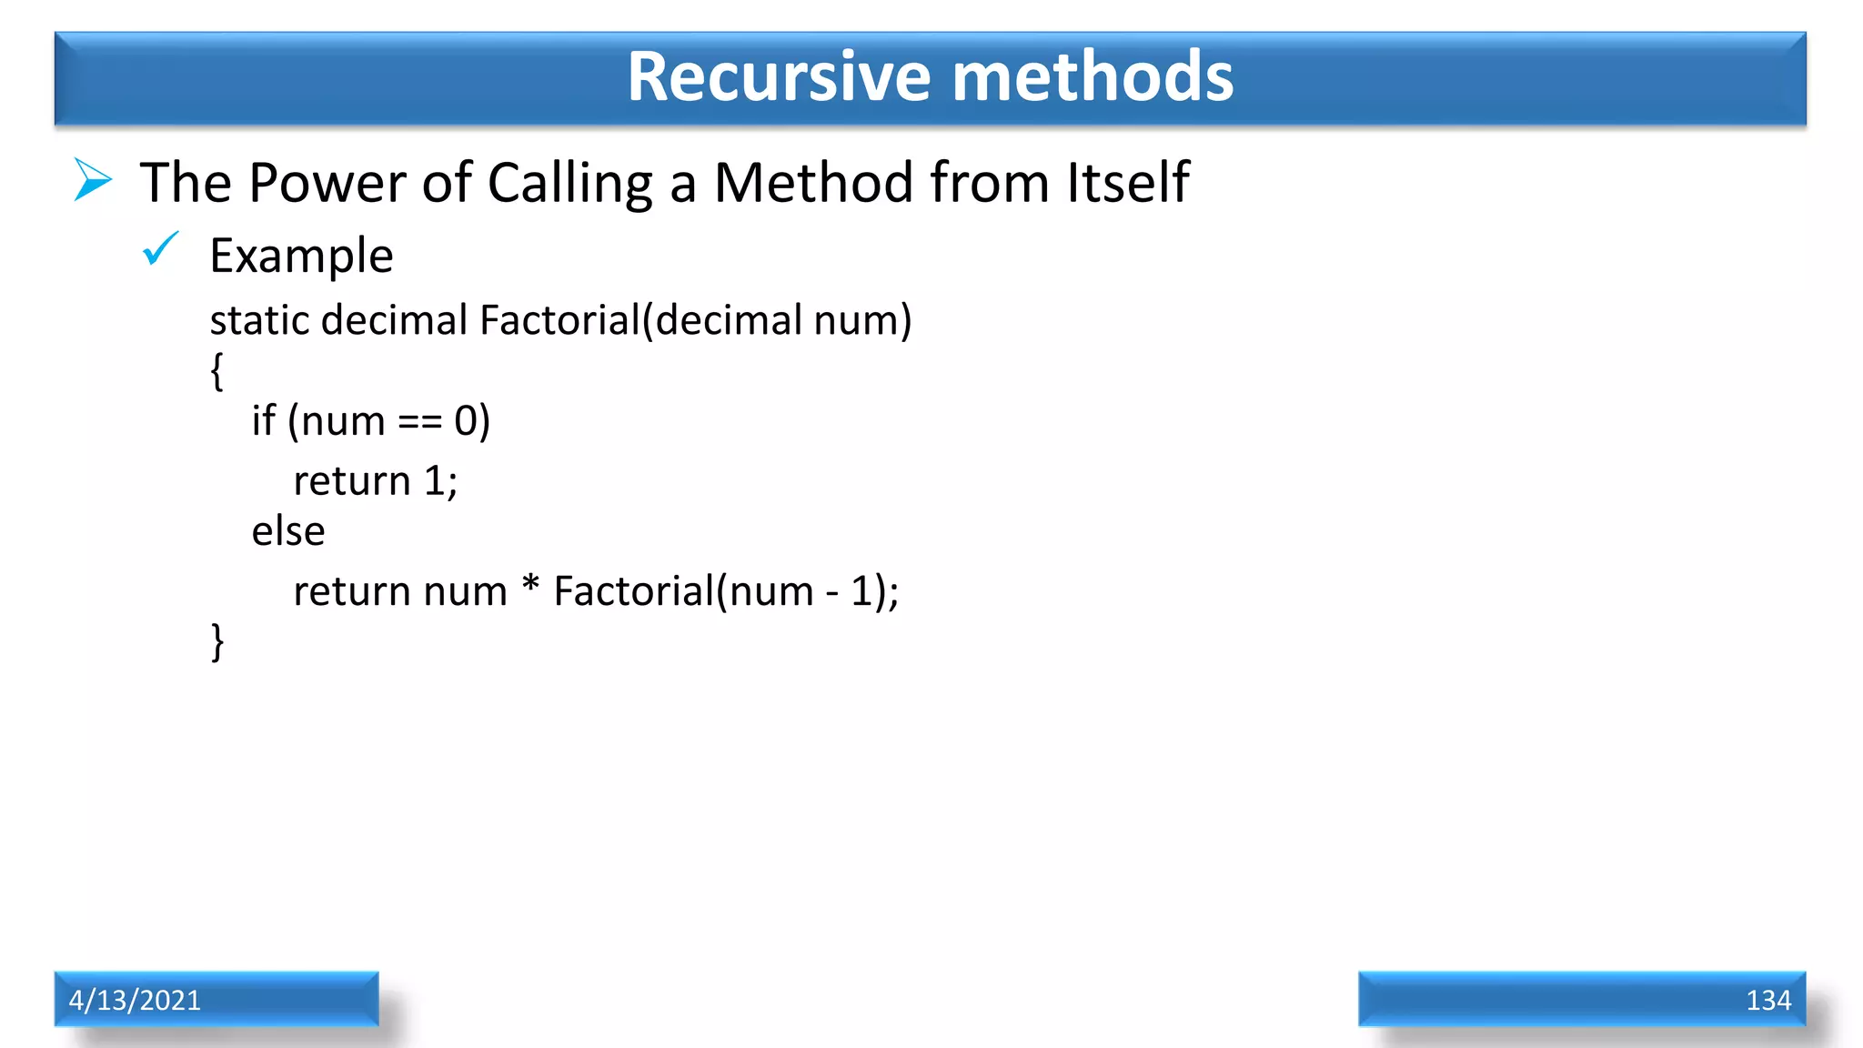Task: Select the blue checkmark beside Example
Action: tap(161, 249)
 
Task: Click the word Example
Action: tap(301, 256)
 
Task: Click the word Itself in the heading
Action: tap(1127, 182)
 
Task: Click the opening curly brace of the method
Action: tap(217, 371)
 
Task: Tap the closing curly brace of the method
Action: tap(217, 641)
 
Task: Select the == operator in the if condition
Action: tap(419, 422)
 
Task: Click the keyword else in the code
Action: tap(287, 531)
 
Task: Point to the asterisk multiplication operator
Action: tap(530, 585)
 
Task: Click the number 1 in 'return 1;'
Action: tap(434, 480)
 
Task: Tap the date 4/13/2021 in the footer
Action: tap(135, 1000)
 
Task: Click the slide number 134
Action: tap(1767, 1000)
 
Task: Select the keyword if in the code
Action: tap(263, 420)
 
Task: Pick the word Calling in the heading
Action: tap(570, 182)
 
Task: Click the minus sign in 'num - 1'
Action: tap(831, 593)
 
